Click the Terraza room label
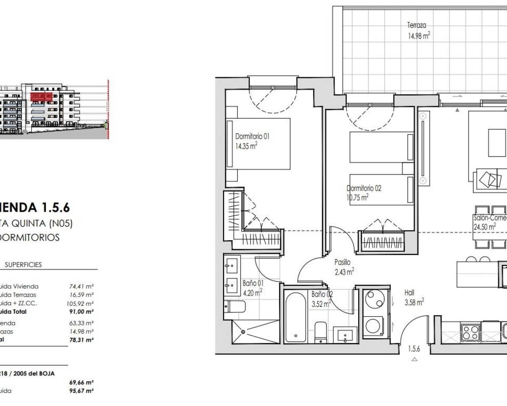(x=417, y=25)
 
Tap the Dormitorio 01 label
(x=252, y=136)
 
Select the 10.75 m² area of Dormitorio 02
(x=358, y=197)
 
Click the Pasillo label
(x=342, y=262)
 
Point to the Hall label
(x=409, y=293)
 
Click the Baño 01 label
(x=253, y=283)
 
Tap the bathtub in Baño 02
(x=295, y=316)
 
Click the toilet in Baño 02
(x=320, y=331)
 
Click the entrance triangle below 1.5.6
(x=414, y=360)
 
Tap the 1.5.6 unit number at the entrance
(x=414, y=349)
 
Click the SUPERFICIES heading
(x=23, y=264)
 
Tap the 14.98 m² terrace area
(x=419, y=36)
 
